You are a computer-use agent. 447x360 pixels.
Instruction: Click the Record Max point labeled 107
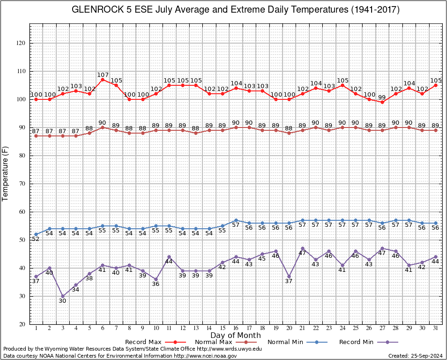coord(103,80)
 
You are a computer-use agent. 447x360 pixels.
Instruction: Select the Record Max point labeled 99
coord(382,102)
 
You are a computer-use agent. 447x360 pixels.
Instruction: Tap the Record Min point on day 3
coord(63,296)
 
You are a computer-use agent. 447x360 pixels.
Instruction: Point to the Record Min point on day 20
coord(289,277)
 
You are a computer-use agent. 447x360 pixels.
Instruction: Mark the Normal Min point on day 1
coord(36,234)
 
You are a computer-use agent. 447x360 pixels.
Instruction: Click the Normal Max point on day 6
coord(103,127)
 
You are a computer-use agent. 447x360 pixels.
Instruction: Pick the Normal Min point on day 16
coord(236,220)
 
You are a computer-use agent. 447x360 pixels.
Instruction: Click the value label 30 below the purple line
coord(63,301)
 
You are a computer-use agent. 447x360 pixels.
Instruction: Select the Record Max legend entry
coord(156,342)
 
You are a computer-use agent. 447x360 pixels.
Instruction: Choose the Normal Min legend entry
coord(298,342)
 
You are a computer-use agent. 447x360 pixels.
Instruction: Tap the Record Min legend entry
coord(369,342)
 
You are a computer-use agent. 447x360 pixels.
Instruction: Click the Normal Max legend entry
coord(226,342)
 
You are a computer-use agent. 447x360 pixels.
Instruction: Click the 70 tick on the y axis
coord(22,184)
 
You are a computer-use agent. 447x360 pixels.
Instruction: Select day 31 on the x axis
coord(435,328)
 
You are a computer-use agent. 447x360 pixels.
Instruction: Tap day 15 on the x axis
coord(223,328)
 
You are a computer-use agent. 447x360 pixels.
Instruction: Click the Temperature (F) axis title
coord(5,174)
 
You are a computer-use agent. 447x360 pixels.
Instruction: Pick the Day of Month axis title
coord(236,335)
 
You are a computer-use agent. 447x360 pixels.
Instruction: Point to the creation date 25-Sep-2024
coord(426,356)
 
